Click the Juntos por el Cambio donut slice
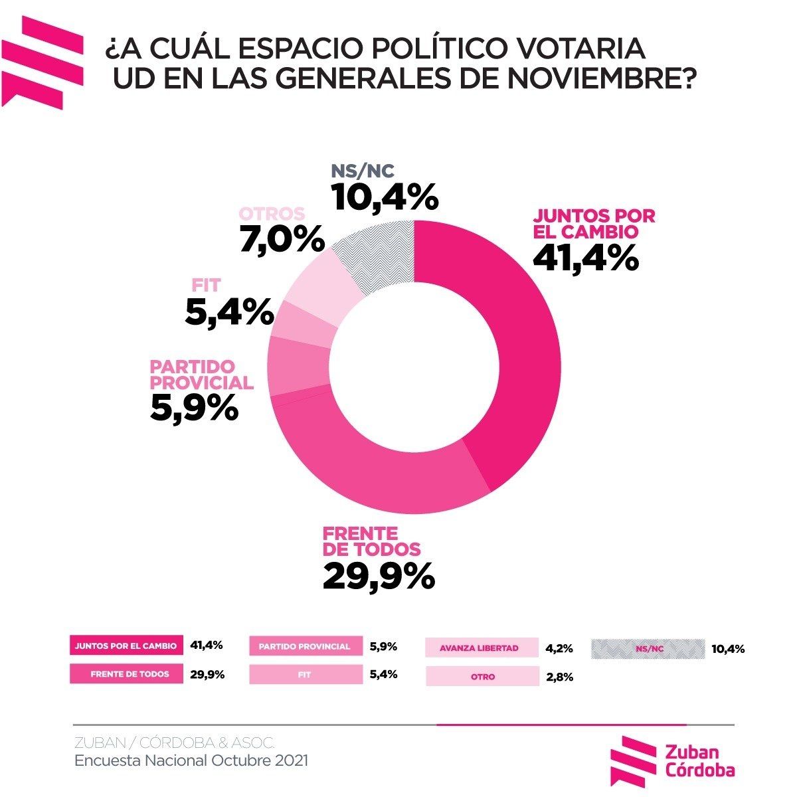click(x=511, y=345)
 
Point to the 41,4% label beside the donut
click(x=586, y=258)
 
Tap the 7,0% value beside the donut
click(x=282, y=239)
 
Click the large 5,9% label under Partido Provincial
click(x=194, y=407)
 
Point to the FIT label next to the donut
click(x=206, y=286)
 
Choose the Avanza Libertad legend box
click(x=482, y=648)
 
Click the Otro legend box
click(x=482, y=677)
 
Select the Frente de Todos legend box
click(x=126, y=674)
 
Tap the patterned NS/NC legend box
click(x=648, y=648)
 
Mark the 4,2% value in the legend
click(x=559, y=648)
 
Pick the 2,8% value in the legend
click(x=559, y=677)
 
